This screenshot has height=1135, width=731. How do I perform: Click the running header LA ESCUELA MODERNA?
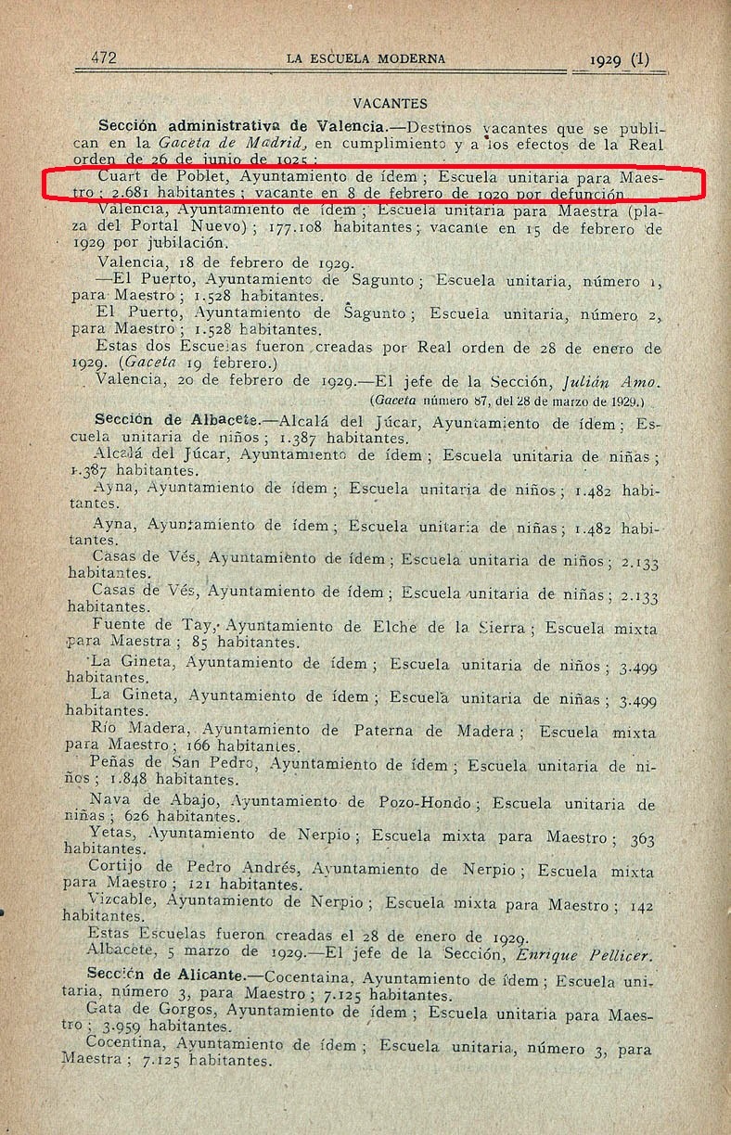click(365, 58)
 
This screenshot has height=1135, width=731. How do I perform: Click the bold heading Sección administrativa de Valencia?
click(251, 126)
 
